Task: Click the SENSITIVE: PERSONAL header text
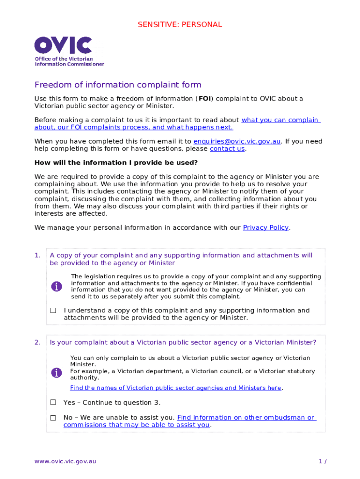click(180, 24)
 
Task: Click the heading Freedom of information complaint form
click(118, 85)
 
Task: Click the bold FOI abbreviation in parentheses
click(205, 99)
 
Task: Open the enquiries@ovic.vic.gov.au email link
click(237, 141)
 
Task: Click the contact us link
click(227, 149)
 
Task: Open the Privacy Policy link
click(266, 227)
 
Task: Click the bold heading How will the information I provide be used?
click(116, 163)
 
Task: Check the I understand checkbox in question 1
click(53, 311)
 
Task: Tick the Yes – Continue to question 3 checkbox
click(53, 402)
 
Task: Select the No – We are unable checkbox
click(53, 418)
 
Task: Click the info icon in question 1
click(57, 286)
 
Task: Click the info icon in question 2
click(57, 372)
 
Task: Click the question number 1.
click(37, 255)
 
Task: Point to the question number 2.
click(37, 342)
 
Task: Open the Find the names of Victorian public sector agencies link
click(176, 388)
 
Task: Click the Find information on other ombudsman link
click(246, 418)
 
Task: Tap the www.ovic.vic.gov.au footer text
click(65, 461)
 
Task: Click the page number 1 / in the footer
click(322, 461)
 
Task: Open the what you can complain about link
click(280, 120)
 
